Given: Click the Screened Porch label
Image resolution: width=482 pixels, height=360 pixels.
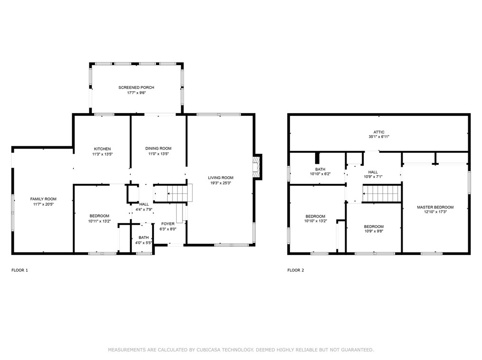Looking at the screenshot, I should pos(136,87).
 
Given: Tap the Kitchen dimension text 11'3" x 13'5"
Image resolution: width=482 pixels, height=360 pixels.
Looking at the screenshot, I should pos(102,154).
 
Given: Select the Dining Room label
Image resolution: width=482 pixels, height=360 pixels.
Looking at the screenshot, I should pos(158,149).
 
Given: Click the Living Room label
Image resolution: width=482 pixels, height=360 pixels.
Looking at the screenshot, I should pos(221,178).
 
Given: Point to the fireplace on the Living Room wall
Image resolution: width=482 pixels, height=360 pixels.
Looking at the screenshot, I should pos(257,168).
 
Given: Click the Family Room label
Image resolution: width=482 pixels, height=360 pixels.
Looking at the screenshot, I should pos(43,199).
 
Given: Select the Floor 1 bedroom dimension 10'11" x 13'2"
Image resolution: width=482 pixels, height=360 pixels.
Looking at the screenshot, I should pos(99,221).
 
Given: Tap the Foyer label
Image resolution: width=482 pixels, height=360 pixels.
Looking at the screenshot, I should pos(168,224).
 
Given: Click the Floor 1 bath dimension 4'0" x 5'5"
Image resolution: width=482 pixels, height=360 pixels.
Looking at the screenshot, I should pos(144,243).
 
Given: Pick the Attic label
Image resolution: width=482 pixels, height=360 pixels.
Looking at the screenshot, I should pos(378,132).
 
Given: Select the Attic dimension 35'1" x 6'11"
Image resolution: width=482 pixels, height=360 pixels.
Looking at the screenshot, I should pos(378,137).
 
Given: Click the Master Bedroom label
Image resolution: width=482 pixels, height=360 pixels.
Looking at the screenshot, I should pos(435,207).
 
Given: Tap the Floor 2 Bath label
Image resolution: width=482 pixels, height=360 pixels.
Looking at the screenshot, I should pos(320,169).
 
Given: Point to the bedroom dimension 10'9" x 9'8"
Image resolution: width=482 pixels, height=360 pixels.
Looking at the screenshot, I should pos(374,232).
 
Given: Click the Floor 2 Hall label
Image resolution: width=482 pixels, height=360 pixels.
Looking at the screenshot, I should pos(373,172).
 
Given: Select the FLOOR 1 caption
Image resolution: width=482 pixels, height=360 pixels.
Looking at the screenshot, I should pos(19,270).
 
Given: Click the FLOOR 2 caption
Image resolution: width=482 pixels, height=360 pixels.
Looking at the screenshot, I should pos(295,270).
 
